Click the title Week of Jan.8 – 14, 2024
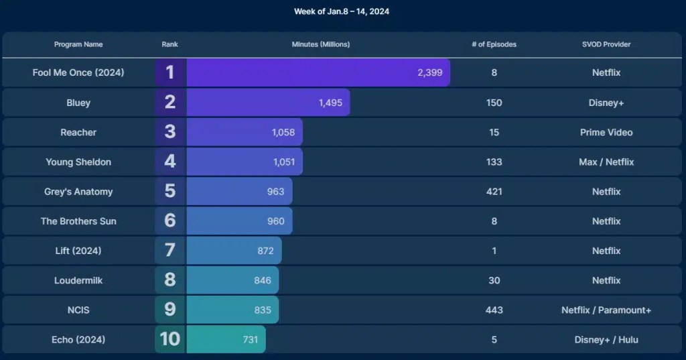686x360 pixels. tap(342, 11)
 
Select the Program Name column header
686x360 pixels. tap(78, 44)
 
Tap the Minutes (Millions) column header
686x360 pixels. tap(320, 44)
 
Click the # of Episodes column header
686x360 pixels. tap(494, 44)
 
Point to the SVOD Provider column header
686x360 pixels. tap(606, 44)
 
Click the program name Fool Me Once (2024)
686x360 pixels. tap(78, 72)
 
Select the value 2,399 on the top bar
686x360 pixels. tap(429, 72)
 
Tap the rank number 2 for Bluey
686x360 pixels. tap(170, 102)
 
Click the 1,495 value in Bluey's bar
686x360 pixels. tap(330, 103)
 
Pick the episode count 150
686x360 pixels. tap(494, 103)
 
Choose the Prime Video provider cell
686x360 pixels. tap(606, 132)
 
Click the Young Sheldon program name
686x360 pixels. tap(78, 162)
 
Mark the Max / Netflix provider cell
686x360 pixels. tap(606, 162)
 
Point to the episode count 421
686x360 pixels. tap(494, 191)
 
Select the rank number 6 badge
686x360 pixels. tap(170, 221)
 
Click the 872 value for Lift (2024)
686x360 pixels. tap(265, 251)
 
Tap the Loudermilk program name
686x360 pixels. tap(78, 280)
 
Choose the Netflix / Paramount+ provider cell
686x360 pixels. tap(606, 310)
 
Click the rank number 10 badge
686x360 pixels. tap(170, 339)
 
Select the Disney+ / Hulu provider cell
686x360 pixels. tap(606, 339)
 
